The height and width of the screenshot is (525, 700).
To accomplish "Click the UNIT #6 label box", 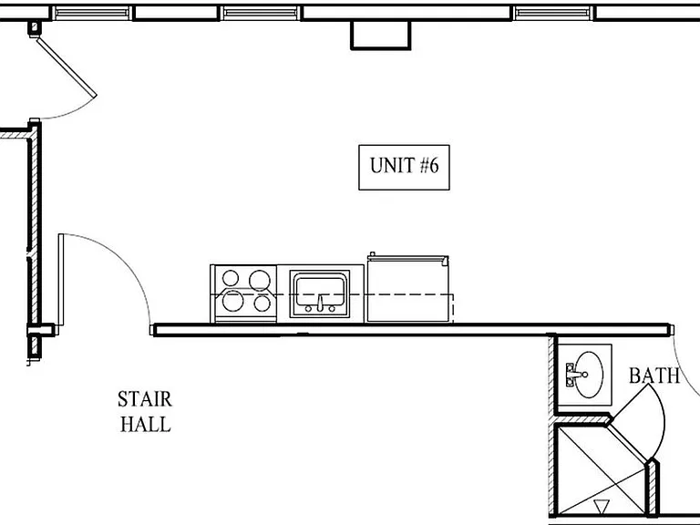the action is [x=404, y=168].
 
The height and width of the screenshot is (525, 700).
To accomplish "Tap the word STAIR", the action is [x=145, y=399].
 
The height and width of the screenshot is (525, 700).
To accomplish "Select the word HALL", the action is [x=146, y=424].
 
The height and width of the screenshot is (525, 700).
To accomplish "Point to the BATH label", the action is [x=654, y=376].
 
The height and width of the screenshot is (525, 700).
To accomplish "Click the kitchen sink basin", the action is [x=320, y=291].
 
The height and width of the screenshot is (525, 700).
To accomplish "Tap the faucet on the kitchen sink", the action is [x=320, y=304].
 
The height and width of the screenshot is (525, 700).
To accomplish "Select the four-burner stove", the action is [x=243, y=293].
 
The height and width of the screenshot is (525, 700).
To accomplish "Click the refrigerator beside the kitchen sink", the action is [x=407, y=288].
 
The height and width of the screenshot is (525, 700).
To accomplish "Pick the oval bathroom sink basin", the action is [x=589, y=375].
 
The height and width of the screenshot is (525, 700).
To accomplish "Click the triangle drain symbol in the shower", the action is [x=602, y=507].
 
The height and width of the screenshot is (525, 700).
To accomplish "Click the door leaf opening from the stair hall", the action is [x=61, y=280].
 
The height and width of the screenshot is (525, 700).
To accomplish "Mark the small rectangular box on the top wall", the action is [x=380, y=35].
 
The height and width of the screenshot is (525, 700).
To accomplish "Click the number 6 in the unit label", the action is [x=434, y=165].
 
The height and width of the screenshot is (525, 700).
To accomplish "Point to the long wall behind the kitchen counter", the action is [x=412, y=330].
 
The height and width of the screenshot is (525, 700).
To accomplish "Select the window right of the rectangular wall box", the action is [x=553, y=14].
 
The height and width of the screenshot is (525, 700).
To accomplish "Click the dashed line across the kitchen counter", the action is [x=332, y=294].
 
